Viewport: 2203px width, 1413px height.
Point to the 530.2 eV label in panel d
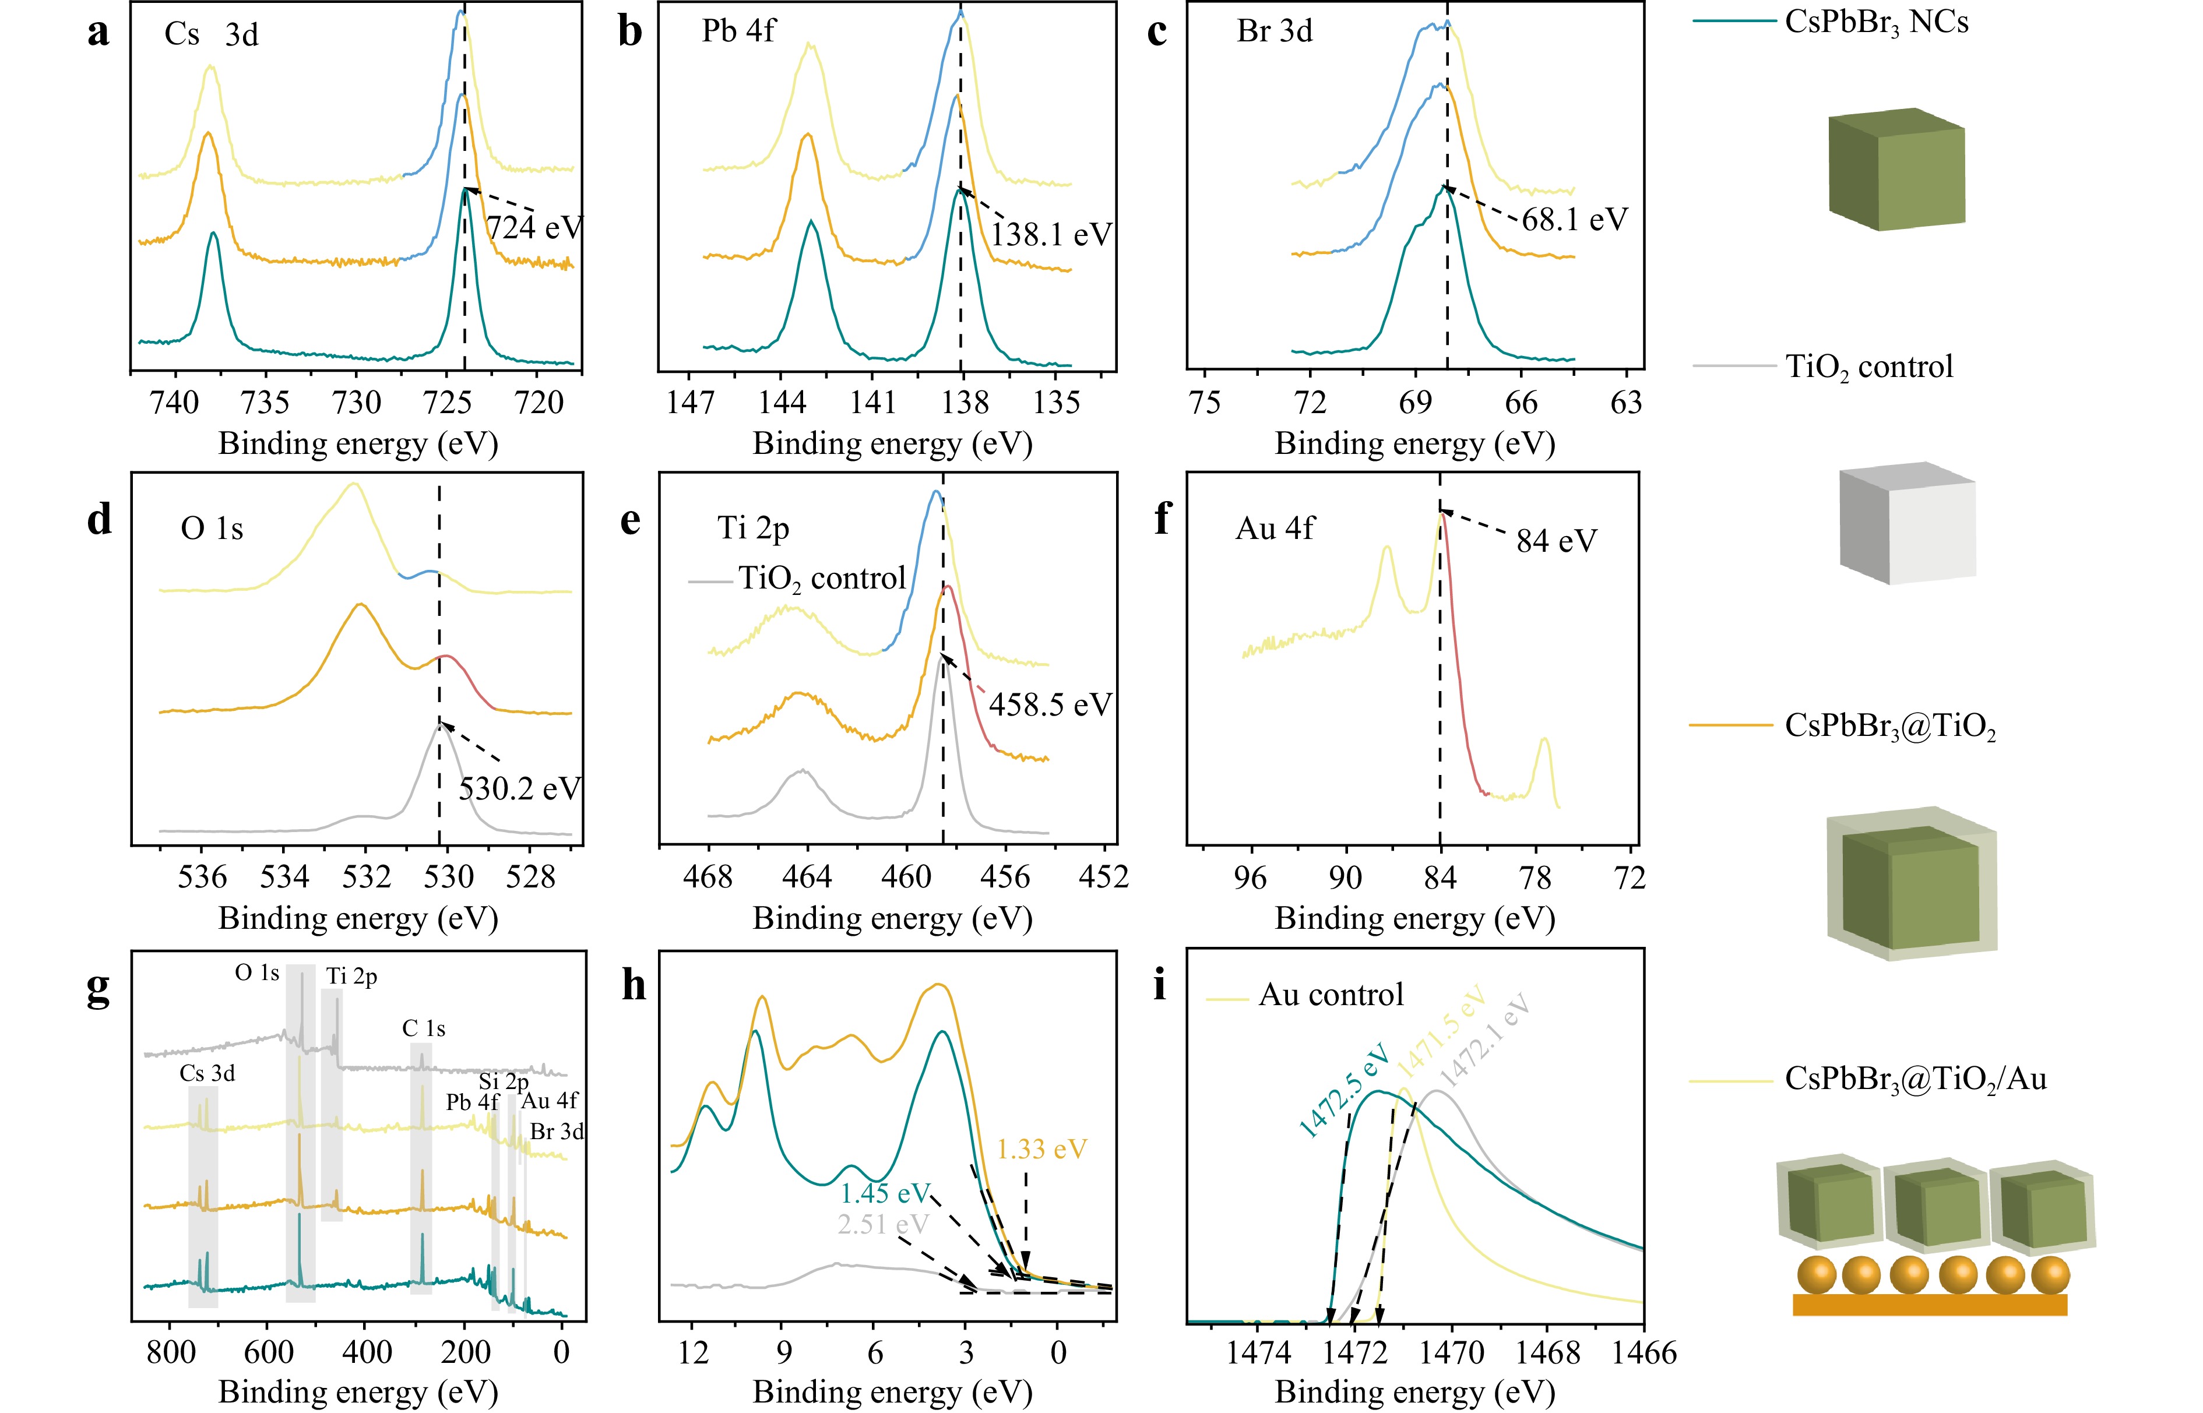519,788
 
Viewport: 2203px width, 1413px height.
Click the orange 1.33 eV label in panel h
1041,1148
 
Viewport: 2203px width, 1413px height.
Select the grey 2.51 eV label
883,1224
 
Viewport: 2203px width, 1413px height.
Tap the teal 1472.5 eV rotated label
1344,1092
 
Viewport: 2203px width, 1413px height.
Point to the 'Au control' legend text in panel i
1331,995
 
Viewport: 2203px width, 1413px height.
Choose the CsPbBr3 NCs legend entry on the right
1877,22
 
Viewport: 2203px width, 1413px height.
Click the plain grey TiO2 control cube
1906,523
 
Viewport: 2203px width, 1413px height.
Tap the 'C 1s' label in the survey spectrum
424,1028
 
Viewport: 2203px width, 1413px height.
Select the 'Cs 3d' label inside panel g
207,1073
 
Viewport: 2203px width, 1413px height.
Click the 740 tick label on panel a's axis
174,403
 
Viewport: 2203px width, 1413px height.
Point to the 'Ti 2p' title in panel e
754,528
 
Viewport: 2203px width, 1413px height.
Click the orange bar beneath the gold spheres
1930,1304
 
